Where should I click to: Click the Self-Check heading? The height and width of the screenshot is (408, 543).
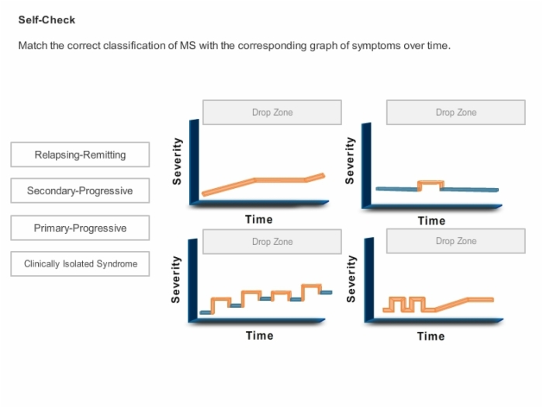[x=47, y=19]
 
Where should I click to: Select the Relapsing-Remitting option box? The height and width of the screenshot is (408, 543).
[x=80, y=155]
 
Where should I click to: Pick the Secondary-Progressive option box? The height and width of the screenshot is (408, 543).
[x=80, y=190]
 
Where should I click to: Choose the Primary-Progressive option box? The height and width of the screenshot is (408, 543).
[x=80, y=228]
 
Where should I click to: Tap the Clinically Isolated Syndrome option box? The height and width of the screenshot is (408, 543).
[x=80, y=263]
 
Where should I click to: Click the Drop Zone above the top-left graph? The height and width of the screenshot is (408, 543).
[x=272, y=113]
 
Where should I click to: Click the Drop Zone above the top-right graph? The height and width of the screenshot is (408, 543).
[x=456, y=113]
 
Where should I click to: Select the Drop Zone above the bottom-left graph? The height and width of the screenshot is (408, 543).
[x=272, y=242]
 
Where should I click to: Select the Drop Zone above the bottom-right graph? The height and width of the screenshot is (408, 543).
[x=456, y=241]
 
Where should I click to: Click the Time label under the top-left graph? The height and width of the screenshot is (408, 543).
[x=259, y=219]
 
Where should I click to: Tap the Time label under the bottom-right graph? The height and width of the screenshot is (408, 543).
[x=431, y=336]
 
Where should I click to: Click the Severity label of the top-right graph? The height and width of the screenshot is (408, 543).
[x=350, y=160]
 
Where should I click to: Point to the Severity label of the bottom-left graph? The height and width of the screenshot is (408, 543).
[x=175, y=279]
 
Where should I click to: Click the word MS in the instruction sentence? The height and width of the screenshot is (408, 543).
[x=188, y=45]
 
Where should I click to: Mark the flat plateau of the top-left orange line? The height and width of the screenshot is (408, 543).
[x=280, y=180]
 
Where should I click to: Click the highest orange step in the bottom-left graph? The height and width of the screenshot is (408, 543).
[x=311, y=286]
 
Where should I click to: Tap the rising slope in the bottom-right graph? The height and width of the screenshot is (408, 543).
[x=451, y=304]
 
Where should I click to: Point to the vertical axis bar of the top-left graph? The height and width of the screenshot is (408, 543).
[x=194, y=162]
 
